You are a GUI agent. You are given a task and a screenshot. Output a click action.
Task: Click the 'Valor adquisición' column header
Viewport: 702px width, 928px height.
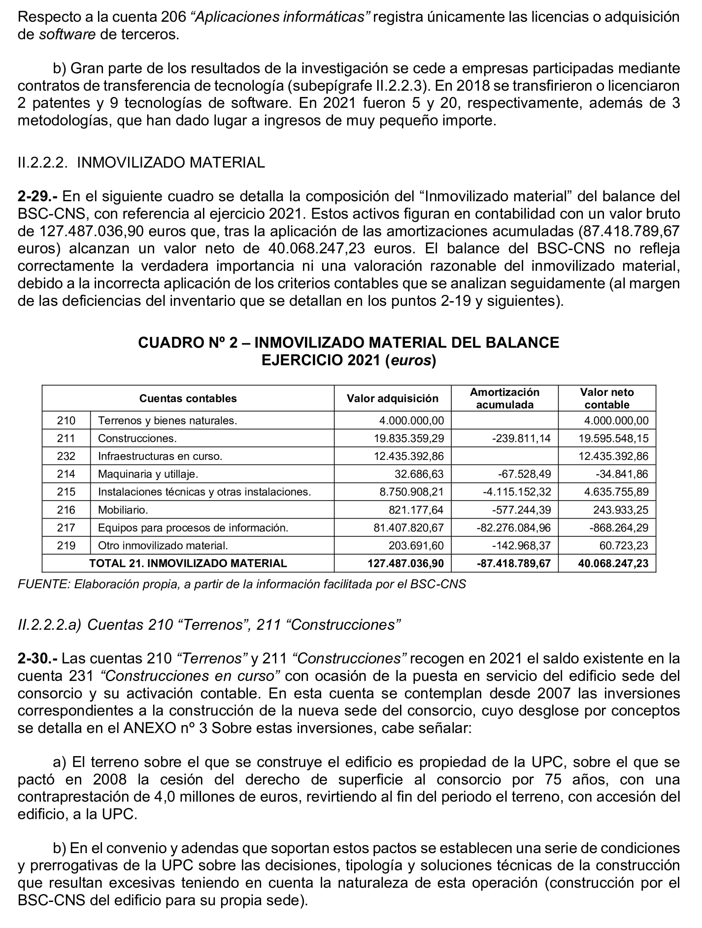click(x=392, y=398)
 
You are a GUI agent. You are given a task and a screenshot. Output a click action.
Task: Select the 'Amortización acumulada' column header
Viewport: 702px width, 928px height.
click(x=504, y=398)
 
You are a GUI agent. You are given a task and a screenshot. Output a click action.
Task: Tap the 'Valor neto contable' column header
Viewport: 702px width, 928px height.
click(x=606, y=398)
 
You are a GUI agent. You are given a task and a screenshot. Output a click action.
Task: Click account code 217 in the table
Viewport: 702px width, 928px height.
click(x=66, y=528)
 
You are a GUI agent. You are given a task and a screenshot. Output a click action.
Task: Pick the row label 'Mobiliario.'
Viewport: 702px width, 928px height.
click(x=123, y=510)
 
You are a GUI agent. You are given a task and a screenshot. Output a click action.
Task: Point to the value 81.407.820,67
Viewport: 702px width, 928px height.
click(x=408, y=528)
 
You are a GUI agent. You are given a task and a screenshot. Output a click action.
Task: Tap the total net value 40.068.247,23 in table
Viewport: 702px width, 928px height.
click(x=613, y=563)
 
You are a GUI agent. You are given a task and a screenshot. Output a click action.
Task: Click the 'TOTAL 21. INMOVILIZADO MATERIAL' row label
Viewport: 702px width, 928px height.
click(x=188, y=563)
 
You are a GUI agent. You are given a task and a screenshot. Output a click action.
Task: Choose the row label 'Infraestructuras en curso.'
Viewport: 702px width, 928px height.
click(x=160, y=456)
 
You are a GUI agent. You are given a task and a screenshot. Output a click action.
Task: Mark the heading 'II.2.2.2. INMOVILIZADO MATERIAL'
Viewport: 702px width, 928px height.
click(x=141, y=162)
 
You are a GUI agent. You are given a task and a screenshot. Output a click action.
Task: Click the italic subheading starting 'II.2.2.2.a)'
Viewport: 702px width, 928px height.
click(x=209, y=625)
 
